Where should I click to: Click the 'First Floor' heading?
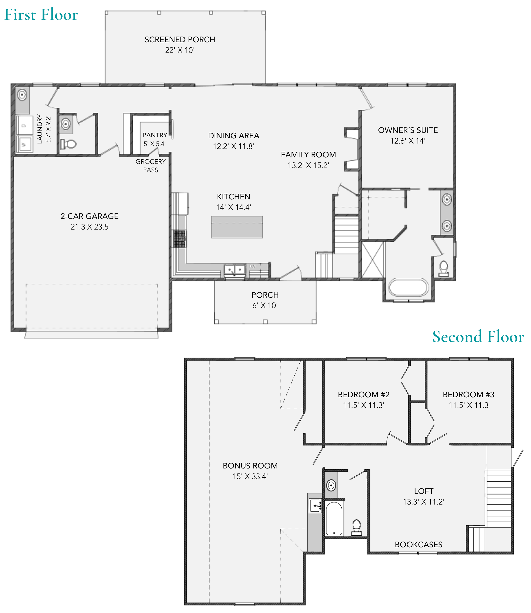pyautogui.click(x=41, y=15)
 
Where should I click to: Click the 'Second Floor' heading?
pyautogui.click(x=478, y=337)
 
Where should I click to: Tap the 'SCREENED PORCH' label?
pyautogui.click(x=180, y=40)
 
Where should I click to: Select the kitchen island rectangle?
pyautogui.click(x=237, y=227)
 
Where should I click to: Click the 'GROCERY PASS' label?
pyautogui.click(x=151, y=166)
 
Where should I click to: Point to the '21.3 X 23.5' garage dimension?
pyautogui.click(x=89, y=227)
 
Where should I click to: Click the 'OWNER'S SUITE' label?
pyautogui.click(x=408, y=130)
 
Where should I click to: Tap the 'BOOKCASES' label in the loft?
pyautogui.click(x=419, y=545)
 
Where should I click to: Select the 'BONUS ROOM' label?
pyautogui.click(x=250, y=466)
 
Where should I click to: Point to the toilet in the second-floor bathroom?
pyautogui.click(x=356, y=528)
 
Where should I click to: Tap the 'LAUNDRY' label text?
pyautogui.click(x=40, y=129)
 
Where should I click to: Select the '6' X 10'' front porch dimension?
pyautogui.click(x=265, y=306)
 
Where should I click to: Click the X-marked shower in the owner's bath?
pyautogui.click(x=373, y=260)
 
